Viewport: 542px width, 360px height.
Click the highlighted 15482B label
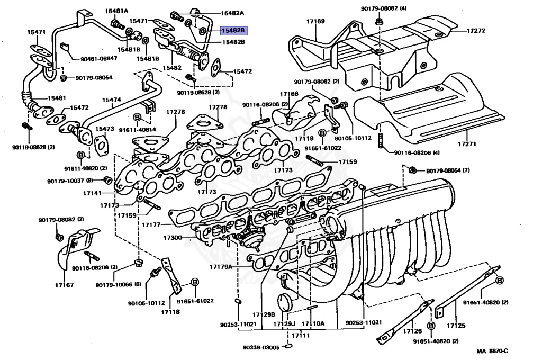click(x=233, y=30)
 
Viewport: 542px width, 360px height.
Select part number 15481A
click(x=116, y=11)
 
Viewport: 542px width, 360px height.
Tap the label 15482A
click(x=233, y=13)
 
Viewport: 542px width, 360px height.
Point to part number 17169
click(x=315, y=21)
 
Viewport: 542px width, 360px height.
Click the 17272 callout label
click(x=476, y=30)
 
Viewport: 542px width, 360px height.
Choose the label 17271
click(x=467, y=144)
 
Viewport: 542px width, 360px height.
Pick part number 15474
click(x=111, y=100)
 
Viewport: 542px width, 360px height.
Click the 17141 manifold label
click(x=92, y=193)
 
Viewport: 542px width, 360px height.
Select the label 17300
click(x=173, y=238)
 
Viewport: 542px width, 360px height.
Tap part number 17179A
click(x=221, y=267)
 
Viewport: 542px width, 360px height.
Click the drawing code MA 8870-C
click(x=493, y=352)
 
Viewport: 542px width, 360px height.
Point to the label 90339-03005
click(x=261, y=347)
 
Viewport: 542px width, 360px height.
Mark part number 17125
click(x=456, y=326)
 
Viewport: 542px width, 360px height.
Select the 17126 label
click(x=413, y=331)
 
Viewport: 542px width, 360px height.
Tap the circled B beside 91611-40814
click(x=137, y=116)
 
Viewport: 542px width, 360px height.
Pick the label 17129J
click(x=284, y=324)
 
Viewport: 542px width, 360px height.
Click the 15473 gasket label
click(x=105, y=129)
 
